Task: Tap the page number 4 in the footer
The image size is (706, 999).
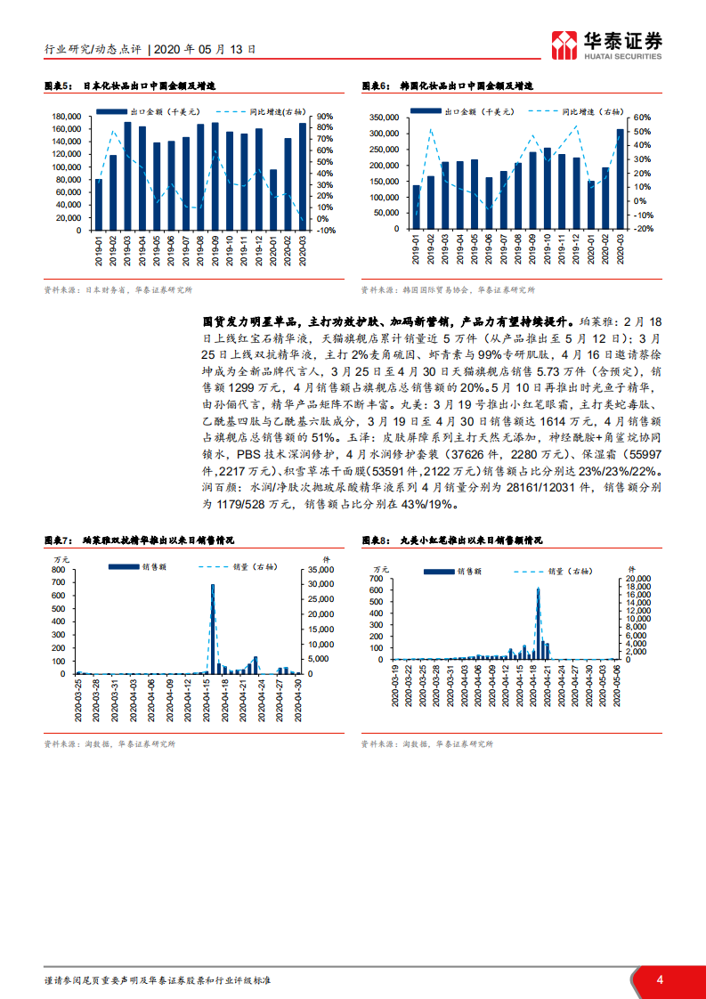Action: click(x=660, y=979)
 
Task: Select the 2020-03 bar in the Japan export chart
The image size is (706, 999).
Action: click(x=303, y=176)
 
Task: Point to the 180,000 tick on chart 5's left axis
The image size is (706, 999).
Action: click(x=68, y=117)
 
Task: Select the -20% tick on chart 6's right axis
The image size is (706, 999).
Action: click(x=644, y=229)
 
